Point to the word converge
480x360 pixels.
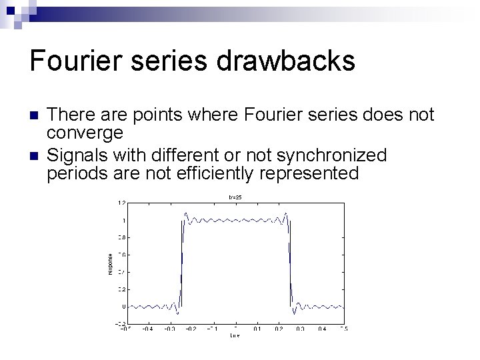pos(85,133)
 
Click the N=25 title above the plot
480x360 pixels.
pos(235,197)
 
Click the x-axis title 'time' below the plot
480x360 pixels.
pos(235,335)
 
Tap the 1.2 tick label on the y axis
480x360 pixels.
pos(122,203)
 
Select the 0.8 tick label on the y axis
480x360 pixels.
pos(122,237)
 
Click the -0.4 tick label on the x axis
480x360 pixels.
pos(147,329)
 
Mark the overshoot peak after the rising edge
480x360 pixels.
pos(186,215)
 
